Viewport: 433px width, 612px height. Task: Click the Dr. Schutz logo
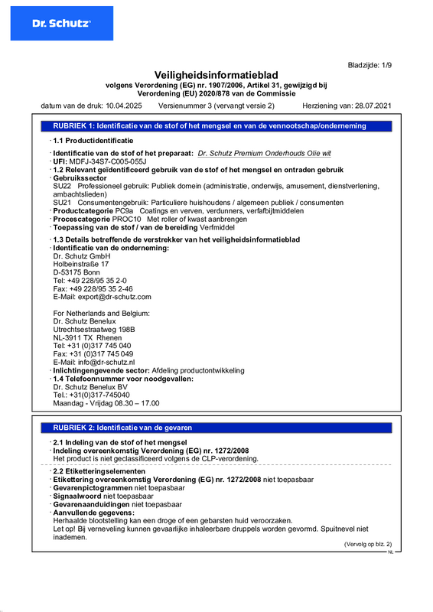point(62,24)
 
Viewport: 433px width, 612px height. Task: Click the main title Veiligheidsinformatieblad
point(216,74)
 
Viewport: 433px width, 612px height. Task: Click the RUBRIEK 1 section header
point(209,125)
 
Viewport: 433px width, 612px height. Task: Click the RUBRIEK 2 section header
point(122,428)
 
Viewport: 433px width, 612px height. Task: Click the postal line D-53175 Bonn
point(77,272)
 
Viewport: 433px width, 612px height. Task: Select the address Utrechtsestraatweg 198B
point(94,329)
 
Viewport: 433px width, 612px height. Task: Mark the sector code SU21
point(62,202)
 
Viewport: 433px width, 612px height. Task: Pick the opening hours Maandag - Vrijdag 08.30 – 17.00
point(106,402)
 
